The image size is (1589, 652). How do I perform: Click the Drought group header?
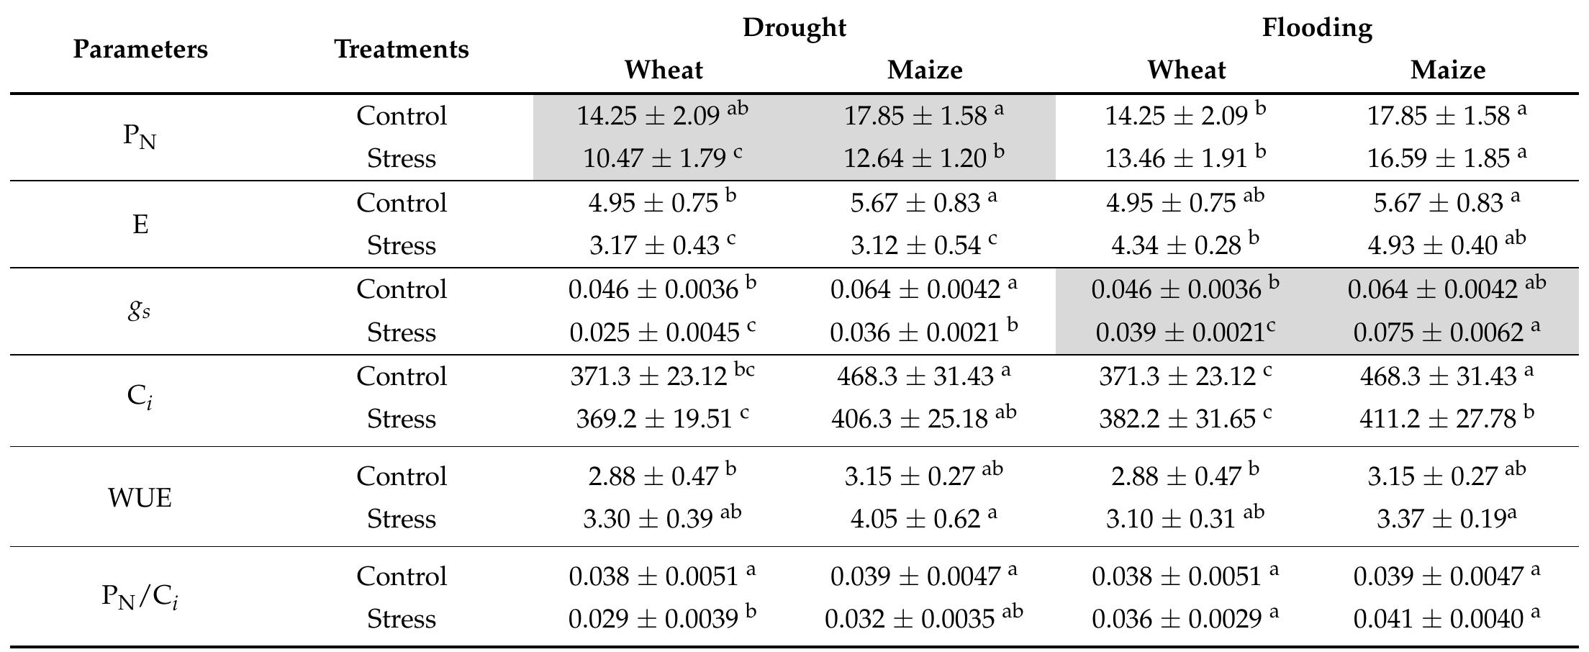click(794, 27)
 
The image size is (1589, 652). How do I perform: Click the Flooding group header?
click(1316, 27)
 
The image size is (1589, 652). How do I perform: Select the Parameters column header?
click(140, 49)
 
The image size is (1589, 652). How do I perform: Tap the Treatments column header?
click(401, 49)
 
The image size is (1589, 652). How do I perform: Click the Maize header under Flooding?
click(1447, 70)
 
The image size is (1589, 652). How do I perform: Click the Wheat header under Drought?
click(663, 70)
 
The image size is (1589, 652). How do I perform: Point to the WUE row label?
click(140, 497)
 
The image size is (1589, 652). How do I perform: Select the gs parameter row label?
click(140, 310)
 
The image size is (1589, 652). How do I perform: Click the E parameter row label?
click(140, 225)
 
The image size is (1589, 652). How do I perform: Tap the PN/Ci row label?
click(140, 597)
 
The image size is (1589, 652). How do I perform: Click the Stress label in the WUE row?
click(401, 518)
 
